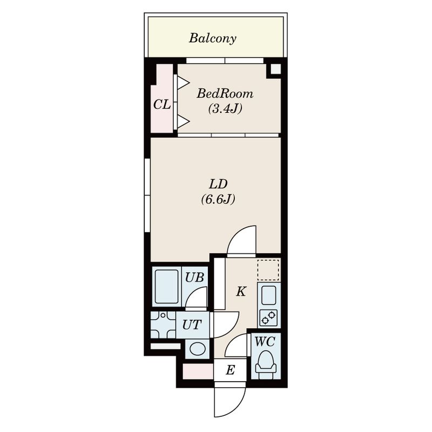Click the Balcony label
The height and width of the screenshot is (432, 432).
(212, 38)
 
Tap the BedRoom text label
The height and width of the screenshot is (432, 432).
(225, 94)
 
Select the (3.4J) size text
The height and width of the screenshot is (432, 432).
(225, 109)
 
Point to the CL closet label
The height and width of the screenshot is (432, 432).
(162, 105)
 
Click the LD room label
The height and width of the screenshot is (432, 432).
(218, 184)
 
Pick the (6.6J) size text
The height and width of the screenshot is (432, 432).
(218, 199)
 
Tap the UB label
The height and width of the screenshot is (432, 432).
(194, 278)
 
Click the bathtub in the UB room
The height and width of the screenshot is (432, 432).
(166, 287)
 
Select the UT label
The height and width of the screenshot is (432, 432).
(192, 325)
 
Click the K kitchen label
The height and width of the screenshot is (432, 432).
(241, 292)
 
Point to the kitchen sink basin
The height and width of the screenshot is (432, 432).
(268, 295)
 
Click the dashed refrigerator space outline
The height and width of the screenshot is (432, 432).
(268, 269)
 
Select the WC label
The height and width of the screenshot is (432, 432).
(265, 342)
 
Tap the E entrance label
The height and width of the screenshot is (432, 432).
(231, 370)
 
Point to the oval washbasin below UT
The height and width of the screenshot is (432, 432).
(198, 349)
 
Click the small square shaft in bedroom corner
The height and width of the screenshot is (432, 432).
(275, 69)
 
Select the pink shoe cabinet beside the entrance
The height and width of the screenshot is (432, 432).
(198, 372)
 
